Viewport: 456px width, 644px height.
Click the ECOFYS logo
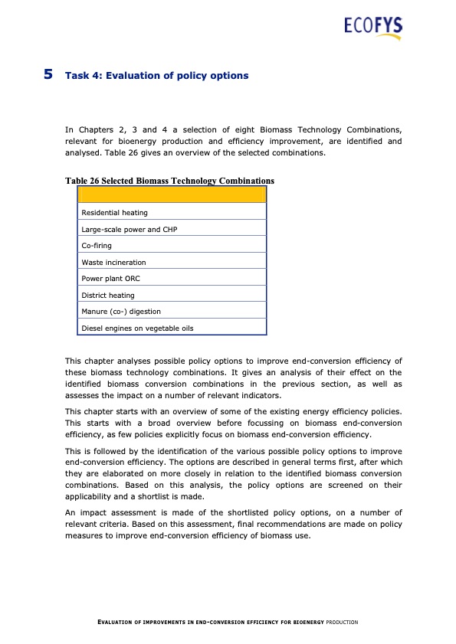[x=373, y=28]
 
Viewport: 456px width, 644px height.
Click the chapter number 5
[x=48, y=75]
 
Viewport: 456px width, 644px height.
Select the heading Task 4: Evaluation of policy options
[x=157, y=76]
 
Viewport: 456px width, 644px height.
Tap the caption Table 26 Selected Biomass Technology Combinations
[x=169, y=181]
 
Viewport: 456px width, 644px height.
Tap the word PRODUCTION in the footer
[x=342, y=623]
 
